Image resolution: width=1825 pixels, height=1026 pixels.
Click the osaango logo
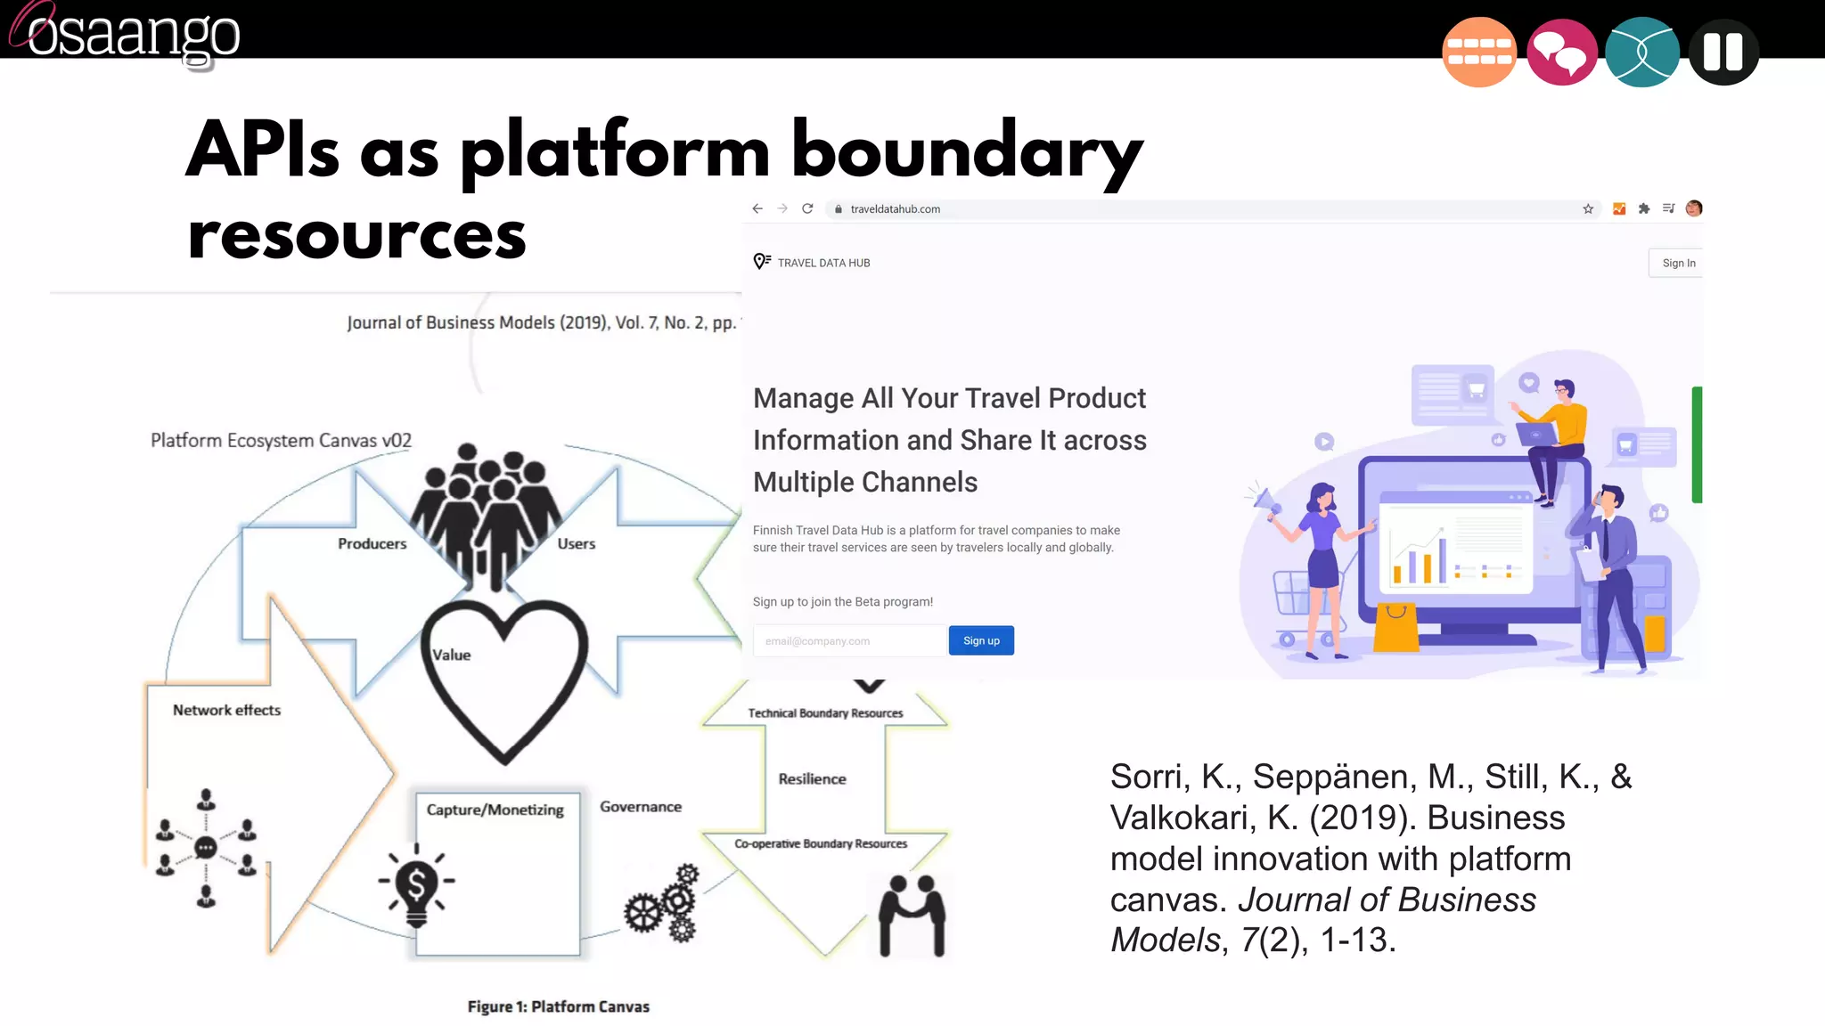tap(125, 34)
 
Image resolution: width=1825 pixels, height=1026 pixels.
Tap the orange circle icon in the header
tap(1478, 53)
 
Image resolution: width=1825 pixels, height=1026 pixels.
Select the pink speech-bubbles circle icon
tap(1561, 53)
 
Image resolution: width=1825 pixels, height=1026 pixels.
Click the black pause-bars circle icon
tap(1723, 53)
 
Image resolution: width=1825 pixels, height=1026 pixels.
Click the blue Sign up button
tap(981, 640)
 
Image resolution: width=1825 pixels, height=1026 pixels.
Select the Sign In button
tap(1678, 263)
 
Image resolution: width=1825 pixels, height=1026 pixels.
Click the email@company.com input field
tap(848, 640)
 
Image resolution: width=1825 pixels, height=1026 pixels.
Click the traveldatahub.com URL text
tap(895, 209)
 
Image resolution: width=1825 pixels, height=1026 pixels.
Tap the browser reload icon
tap(807, 208)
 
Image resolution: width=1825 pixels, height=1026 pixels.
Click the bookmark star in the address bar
tap(1588, 209)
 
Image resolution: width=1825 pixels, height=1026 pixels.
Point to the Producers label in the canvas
tap(372, 543)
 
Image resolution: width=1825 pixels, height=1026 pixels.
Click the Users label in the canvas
tap(576, 543)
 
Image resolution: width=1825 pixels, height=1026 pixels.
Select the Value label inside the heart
tap(452, 655)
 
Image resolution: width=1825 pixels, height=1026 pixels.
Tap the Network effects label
tap(226, 710)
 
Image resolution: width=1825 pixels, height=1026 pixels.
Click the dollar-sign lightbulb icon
tap(416, 885)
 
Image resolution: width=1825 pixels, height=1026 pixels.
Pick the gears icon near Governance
tap(663, 904)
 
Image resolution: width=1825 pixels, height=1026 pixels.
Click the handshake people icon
tap(912, 915)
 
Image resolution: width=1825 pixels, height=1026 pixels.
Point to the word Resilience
tap(812, 778)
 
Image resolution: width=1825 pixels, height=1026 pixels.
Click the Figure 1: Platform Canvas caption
tap(558, 1006)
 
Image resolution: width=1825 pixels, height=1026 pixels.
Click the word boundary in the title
tap(966, 151)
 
